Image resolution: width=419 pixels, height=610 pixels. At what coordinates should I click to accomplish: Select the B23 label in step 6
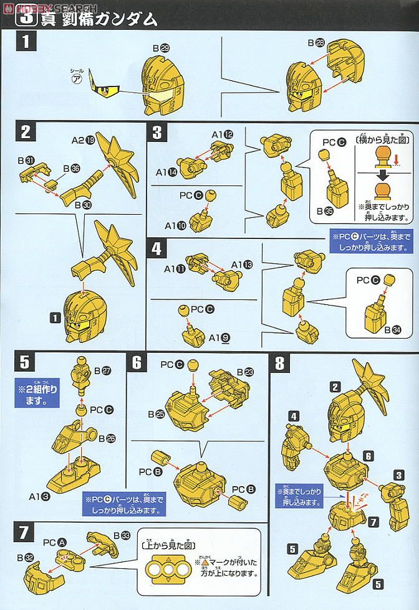(x=244, y=371)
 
